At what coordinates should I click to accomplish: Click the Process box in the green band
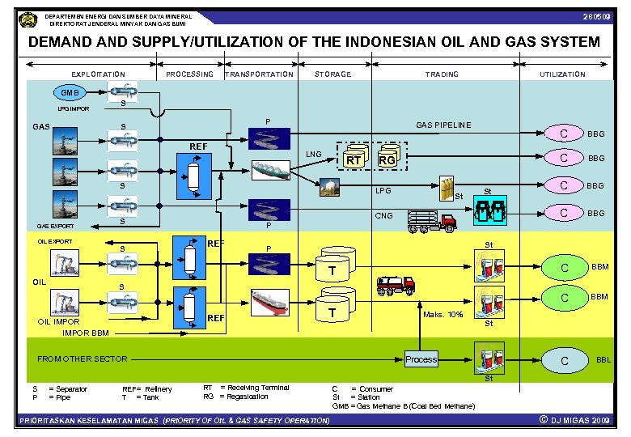421,359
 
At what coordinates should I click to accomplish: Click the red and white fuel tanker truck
396,285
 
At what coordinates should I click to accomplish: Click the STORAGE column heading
332,74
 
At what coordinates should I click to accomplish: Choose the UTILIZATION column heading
562,74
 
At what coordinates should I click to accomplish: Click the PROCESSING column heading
189,74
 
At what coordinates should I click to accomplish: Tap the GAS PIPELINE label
443,125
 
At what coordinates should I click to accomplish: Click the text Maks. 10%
443,314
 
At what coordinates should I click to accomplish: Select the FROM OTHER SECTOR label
83,359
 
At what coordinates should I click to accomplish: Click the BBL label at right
603,360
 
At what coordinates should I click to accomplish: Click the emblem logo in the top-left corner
28,18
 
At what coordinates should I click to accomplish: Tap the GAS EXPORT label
56,226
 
